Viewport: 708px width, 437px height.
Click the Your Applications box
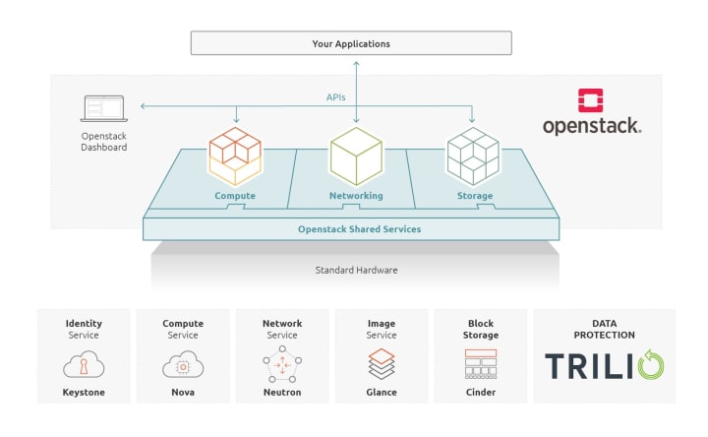351,43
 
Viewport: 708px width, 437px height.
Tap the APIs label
335,97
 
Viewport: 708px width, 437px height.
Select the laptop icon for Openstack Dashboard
104,108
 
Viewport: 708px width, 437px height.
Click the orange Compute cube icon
235,156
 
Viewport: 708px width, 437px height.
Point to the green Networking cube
356,156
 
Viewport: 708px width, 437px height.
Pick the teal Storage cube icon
473,156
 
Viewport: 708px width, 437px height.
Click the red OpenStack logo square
590,100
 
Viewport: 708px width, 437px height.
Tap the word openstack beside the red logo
592,126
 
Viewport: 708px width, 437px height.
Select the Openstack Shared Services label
360,229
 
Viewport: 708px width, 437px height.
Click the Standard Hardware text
356,271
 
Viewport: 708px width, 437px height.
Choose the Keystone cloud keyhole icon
84,364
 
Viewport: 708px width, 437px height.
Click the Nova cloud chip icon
183,364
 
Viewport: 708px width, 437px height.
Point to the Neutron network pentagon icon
282,364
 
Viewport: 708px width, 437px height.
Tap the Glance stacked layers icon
382,364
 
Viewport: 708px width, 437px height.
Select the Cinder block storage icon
481,364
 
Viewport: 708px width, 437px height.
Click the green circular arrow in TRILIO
651,364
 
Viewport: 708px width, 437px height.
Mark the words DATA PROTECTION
604,329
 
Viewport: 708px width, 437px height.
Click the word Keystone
84,393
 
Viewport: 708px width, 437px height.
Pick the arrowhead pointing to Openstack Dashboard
143,106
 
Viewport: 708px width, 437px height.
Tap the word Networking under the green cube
356,196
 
